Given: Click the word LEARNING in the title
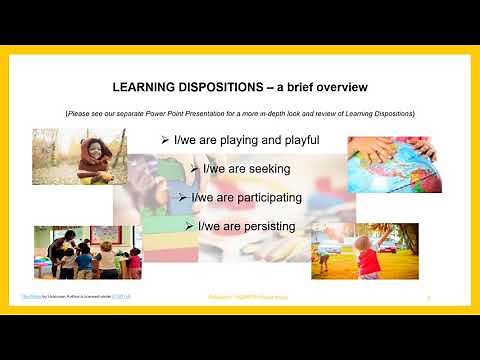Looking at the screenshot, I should [x=147, y=85].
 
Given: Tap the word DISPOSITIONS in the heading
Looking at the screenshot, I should [x=229, y=85].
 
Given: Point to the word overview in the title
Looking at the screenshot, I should [x=335, y=85].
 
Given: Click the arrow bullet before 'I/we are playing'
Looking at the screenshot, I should [x=165, y=139].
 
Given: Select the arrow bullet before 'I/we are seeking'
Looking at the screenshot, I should [x=194, y=169].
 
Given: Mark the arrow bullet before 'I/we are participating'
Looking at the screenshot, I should [x=182, y=198].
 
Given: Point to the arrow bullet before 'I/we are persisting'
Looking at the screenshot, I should [x=190, y=227].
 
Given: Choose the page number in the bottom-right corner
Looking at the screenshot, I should [x=428, y=298].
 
